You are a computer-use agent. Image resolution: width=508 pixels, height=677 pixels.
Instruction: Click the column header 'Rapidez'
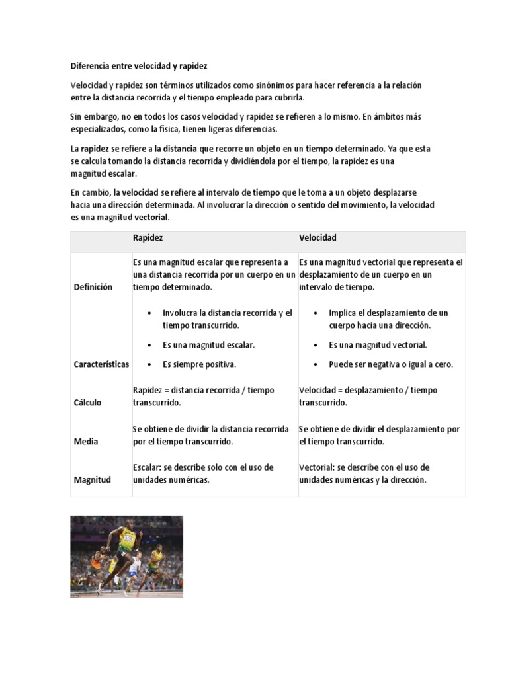click(x=148, y=237)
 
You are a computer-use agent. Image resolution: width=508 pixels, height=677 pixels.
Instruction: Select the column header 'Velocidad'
click(x=317, y=237)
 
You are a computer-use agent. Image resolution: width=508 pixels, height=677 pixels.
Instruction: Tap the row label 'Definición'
click(x=93, y=287)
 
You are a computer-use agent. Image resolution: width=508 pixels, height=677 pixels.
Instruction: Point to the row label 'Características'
click(x=101, y=364)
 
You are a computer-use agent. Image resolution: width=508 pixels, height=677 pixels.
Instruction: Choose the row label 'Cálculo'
click(x=87, y=403)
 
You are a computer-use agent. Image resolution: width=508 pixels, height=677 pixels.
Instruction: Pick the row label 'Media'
click(x=85, y=441)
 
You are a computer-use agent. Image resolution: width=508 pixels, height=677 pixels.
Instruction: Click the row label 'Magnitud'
click(x=92, y=480)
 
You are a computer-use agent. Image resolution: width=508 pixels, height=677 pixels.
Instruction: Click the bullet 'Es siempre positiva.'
click(x=199, y=364)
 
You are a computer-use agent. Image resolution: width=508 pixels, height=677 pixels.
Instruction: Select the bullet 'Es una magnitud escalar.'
click(x=208, y=345)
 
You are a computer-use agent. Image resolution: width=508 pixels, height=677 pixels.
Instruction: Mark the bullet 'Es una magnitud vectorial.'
click(x=378, y=345)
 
